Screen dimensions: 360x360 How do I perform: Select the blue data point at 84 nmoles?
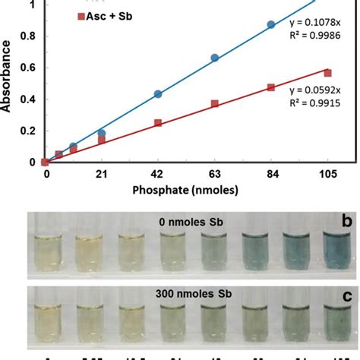coord(270,25)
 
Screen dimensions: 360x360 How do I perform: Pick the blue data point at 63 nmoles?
coord(215,58)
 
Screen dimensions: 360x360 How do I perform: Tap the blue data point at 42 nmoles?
coord(158,94)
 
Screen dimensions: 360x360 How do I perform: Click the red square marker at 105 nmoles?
coord(328,73)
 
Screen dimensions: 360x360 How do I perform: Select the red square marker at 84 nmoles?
coord(270,87)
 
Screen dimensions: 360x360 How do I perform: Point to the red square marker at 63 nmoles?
coord(215,103)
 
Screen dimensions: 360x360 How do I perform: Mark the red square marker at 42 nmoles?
coord(158,122)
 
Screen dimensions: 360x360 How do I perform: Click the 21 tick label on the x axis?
coord(101,174)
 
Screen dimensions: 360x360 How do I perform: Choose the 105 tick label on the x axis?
coord(328,174)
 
